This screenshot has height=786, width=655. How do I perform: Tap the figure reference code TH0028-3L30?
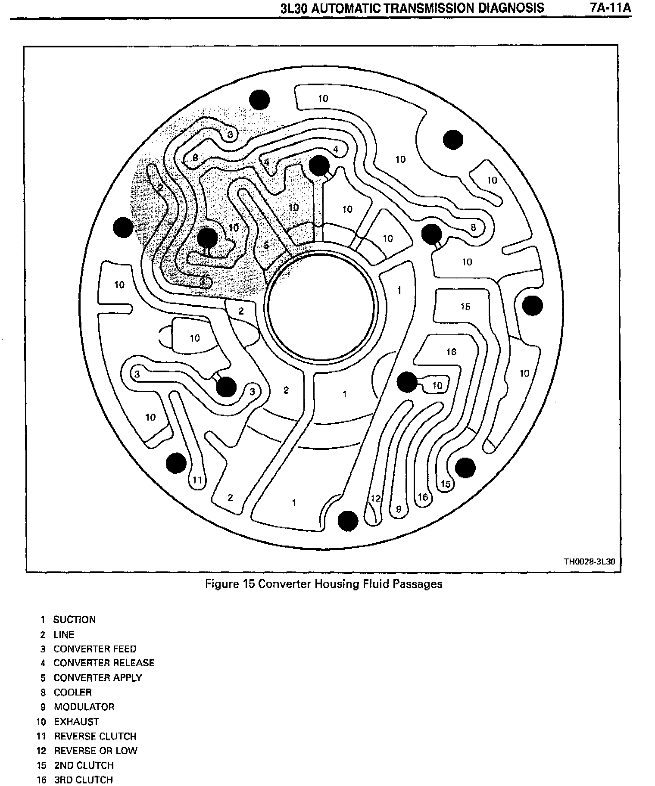pos(589,561)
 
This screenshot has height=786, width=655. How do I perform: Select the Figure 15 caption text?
pos(324,584)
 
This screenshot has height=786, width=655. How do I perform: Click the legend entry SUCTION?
pos(74,620)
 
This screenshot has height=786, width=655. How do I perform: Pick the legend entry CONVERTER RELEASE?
pos(103,663)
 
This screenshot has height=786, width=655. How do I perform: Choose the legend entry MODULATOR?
pos(84,707)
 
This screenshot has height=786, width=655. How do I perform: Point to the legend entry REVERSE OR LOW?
pos(95,751)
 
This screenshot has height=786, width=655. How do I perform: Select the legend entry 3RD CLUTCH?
pos(83,780)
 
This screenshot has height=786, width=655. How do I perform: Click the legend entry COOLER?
pos(72,692)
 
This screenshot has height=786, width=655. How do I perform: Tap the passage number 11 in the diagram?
pos(197,480)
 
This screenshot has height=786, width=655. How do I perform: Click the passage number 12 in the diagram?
pos(376,499)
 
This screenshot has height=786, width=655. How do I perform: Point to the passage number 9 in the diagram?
pos(399,509)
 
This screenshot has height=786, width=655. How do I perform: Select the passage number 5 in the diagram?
pos(266,245)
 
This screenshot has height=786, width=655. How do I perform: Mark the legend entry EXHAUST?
pos(76,721)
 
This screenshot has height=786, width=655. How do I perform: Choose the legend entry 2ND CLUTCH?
pos(84,765)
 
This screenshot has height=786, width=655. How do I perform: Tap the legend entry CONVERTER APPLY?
pos(97,677)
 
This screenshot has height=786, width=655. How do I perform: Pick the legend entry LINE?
pos(64,634)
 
